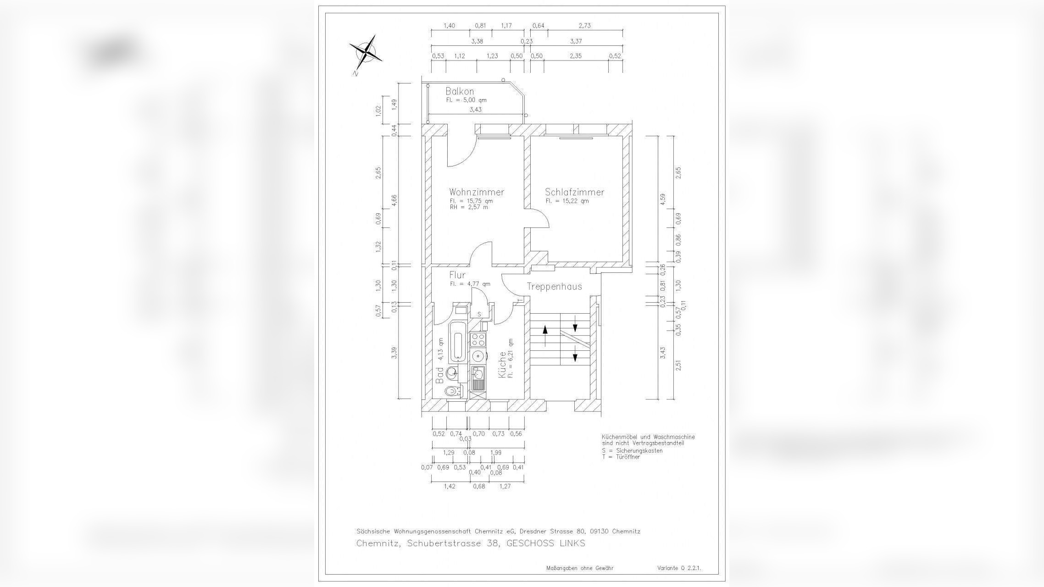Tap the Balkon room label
[x=460, y=91]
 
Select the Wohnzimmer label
[x=477, y=192]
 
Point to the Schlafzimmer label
[x=574, y=192]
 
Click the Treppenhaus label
[x=554, y=287]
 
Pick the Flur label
[x=457, y=275]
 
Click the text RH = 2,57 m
[x=469, y=207]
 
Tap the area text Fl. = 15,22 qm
[x=567, y=201]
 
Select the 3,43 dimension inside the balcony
[x=475, y=110]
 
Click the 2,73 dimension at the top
[x=585, y=26]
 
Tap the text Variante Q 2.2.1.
[x=679, y=568]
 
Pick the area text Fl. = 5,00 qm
[x=466, y=100]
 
